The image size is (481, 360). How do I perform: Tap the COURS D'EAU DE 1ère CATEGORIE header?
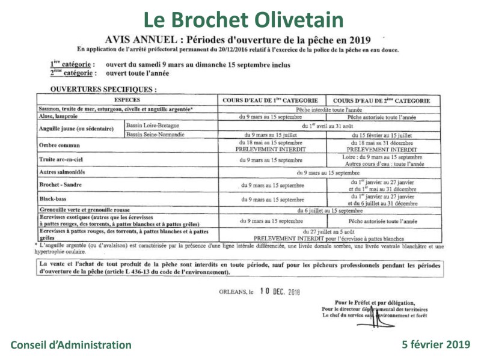pyautogui.click(x=271, y=100)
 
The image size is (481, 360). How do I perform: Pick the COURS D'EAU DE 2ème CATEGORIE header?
pyautogui.click(x=381, y=100)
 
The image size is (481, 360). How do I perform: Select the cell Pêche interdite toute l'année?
pyautogui.click(x=326, y=110)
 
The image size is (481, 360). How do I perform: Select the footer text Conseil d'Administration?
pyautogui.click(x=71, y=345)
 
